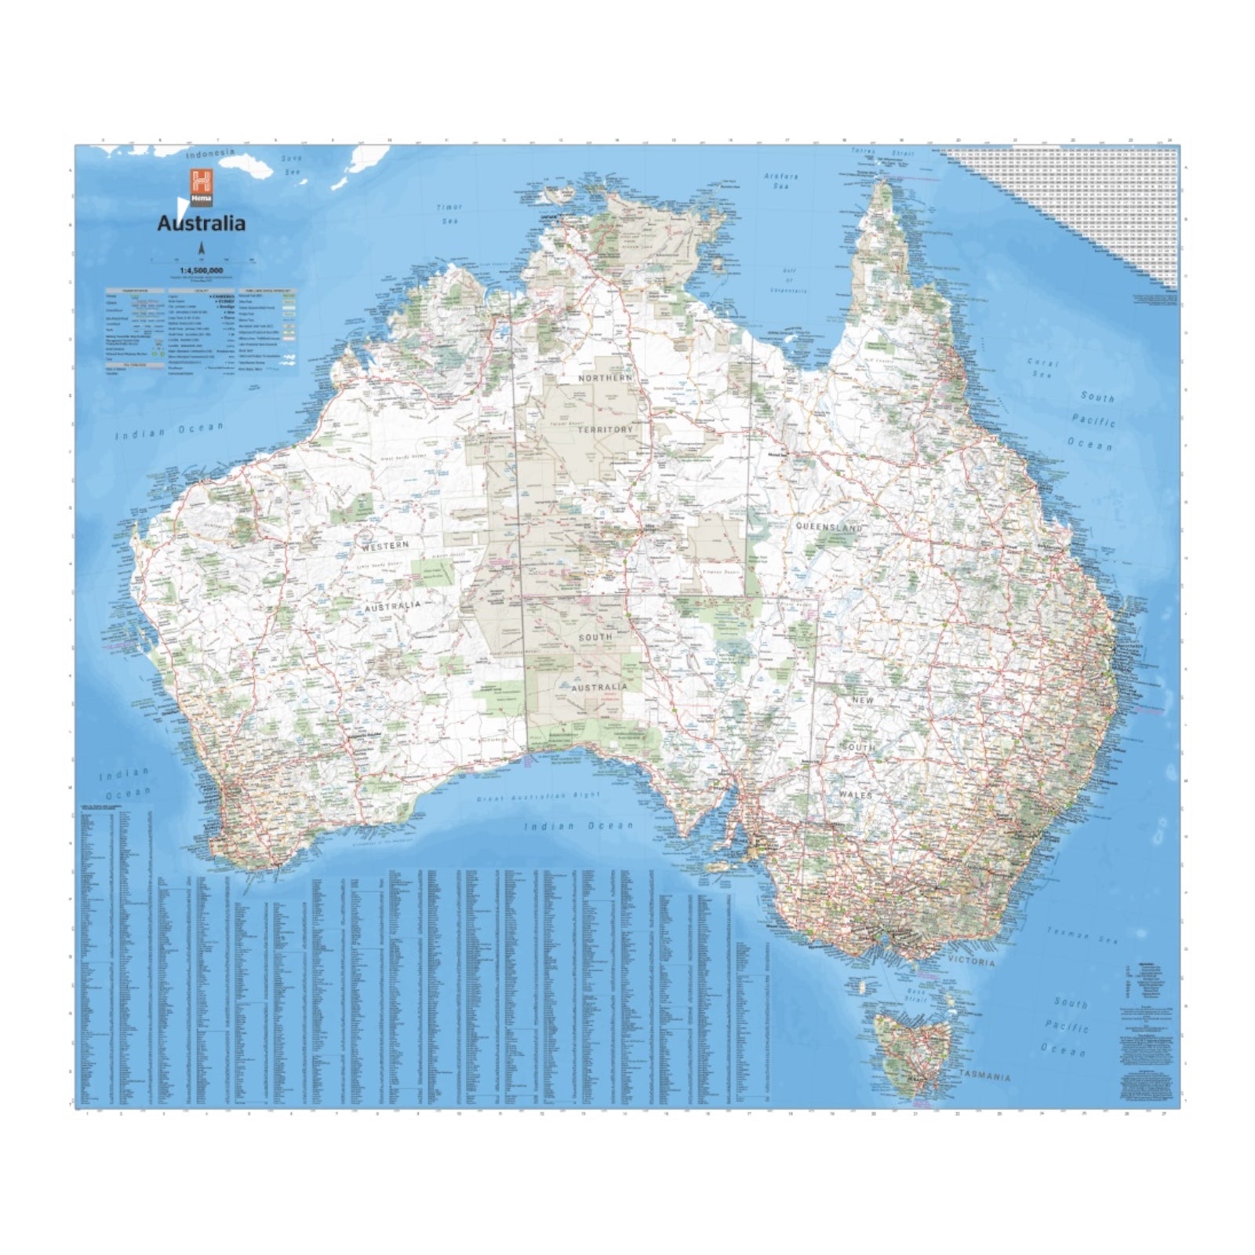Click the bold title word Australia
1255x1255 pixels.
pos(201,224)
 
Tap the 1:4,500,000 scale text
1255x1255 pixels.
pos(202,271)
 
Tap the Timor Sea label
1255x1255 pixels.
pos(449,213)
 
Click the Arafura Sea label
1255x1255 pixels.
pos(781,181)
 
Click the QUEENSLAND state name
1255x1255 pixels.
pos(829,527)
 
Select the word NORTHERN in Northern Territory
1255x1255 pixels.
pos(605,378)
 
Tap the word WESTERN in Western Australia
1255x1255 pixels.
pos(385,544)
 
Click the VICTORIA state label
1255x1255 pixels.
pos(971,962)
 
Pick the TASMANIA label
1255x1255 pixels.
pos(984,1076)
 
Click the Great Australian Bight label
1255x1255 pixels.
pos(538,798)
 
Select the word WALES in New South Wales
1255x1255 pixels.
pos(855,795)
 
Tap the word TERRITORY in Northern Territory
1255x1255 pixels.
pos(605,430)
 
